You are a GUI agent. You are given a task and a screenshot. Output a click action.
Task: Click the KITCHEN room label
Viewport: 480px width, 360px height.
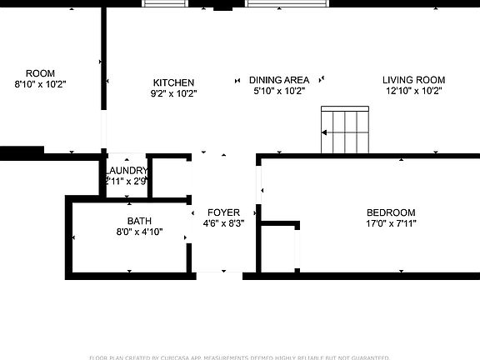click(173, 82)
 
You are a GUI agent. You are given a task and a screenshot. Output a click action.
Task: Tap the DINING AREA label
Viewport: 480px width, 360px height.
click(278, 80)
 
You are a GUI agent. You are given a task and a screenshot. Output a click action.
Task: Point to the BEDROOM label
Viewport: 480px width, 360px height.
click(390, 212)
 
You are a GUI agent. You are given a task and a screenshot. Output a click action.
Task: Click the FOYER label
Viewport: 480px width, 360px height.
click(223, 212)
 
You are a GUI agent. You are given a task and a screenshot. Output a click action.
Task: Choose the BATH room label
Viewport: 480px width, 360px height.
click(139, 221)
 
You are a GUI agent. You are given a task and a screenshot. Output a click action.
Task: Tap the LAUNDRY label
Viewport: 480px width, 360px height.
click(127, 171)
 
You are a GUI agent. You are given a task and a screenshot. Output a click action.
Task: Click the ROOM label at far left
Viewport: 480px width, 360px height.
click(40, 73)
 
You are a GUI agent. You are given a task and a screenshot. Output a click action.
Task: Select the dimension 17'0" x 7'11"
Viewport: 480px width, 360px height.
click(390, 223)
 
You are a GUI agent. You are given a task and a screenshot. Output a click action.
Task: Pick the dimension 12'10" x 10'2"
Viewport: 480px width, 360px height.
click(413, 91)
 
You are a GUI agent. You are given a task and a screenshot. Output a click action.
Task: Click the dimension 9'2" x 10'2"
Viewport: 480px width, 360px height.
click(173, 93)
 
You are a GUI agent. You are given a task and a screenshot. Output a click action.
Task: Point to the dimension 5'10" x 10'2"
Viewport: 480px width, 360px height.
click(278, 91)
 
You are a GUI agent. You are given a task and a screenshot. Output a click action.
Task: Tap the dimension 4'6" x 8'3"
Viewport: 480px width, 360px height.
click(223, 223)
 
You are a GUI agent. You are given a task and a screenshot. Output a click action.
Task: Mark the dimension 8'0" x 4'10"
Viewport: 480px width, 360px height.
click(139, 232)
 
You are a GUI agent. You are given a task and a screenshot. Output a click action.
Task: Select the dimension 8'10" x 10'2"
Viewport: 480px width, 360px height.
click(40, 84)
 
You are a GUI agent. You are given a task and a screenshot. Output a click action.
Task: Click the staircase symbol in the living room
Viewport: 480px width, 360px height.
click(344, 131)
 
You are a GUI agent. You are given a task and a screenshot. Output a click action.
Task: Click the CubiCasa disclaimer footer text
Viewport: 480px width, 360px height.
click(240, 355)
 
